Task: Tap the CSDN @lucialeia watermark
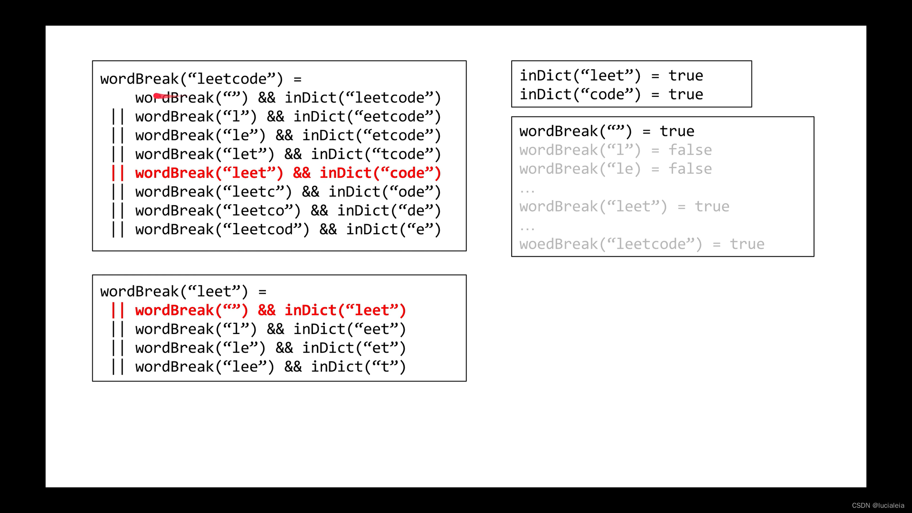pyautogui.click(x=878, y=505)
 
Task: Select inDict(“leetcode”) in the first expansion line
pyautogui.click(x=363, y=98)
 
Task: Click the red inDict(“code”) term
pyautogui.click(x=380, y=173)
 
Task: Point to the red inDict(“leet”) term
pyautogui.click(x=345, y=310)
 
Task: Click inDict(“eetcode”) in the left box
pyautogui.click(x=367, y=116)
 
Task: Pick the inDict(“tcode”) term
pyautogui.click(x=376, y=154)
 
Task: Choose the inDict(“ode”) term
pyautogui.click(x=385, y=192)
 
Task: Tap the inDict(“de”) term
pyautogui.click(x=389, y=210)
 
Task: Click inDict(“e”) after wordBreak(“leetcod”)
pyautogui.click(x=393, y=229)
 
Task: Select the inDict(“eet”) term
pyautogui.click(x=350, y=329)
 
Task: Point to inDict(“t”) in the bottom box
pyautogui.click(x=359, y=367)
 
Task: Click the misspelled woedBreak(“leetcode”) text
pyautogui.click(x=610, y=244)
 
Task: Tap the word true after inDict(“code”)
pyautogui.click(x=685, y=95)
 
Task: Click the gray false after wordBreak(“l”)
pyautogui.click(x=690, y=150)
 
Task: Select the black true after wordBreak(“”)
pyautogui.click(x=677, y=131)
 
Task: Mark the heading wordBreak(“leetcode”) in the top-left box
pyautogui.click(x=191, y=79)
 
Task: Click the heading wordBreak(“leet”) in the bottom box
pyautogui.click(x=174, y=291)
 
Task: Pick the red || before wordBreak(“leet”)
pyautogui.click(x=117, y=173)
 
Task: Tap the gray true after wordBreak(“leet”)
pyautogui.click(x=712, y=207)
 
